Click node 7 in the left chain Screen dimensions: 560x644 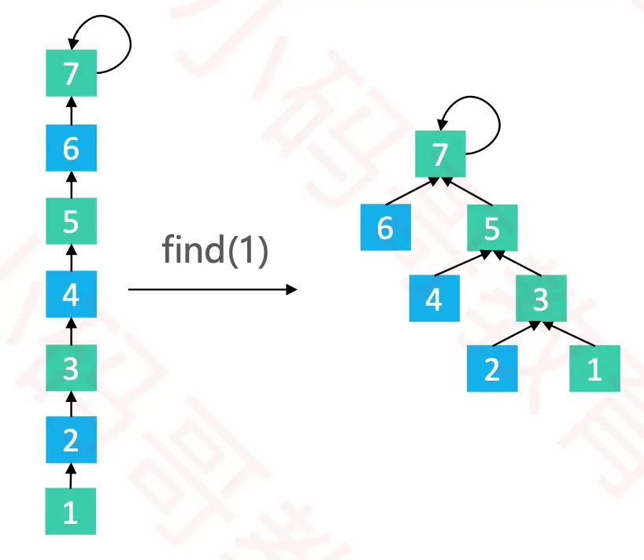click(x=71, y=74)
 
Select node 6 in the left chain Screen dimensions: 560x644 click(x=71, y=148)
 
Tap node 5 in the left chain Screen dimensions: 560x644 click(x=71, y=222)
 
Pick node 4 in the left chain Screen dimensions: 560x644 click(x=71, y=296)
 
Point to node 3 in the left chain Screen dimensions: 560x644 click(x=71, y=368)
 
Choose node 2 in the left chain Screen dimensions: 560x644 click(x=71, y=440)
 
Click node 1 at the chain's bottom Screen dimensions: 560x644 click(x=71, y=512)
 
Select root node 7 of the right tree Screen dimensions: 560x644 click(x=440, y=153)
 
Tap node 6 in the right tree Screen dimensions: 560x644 click(x=385, y=227)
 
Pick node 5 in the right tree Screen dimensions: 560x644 click(x=492, y=228)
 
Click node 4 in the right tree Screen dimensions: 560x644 click(x=435, y=298)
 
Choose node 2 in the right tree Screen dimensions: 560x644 click(x=492, y=368)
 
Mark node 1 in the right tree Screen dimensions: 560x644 click(x=594, y=368)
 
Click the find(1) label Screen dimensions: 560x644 click(x=215, y=250)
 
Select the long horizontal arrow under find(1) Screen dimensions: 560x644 click(x=213, y=289)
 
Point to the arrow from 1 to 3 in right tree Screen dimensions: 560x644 click(x=568, y=333)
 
